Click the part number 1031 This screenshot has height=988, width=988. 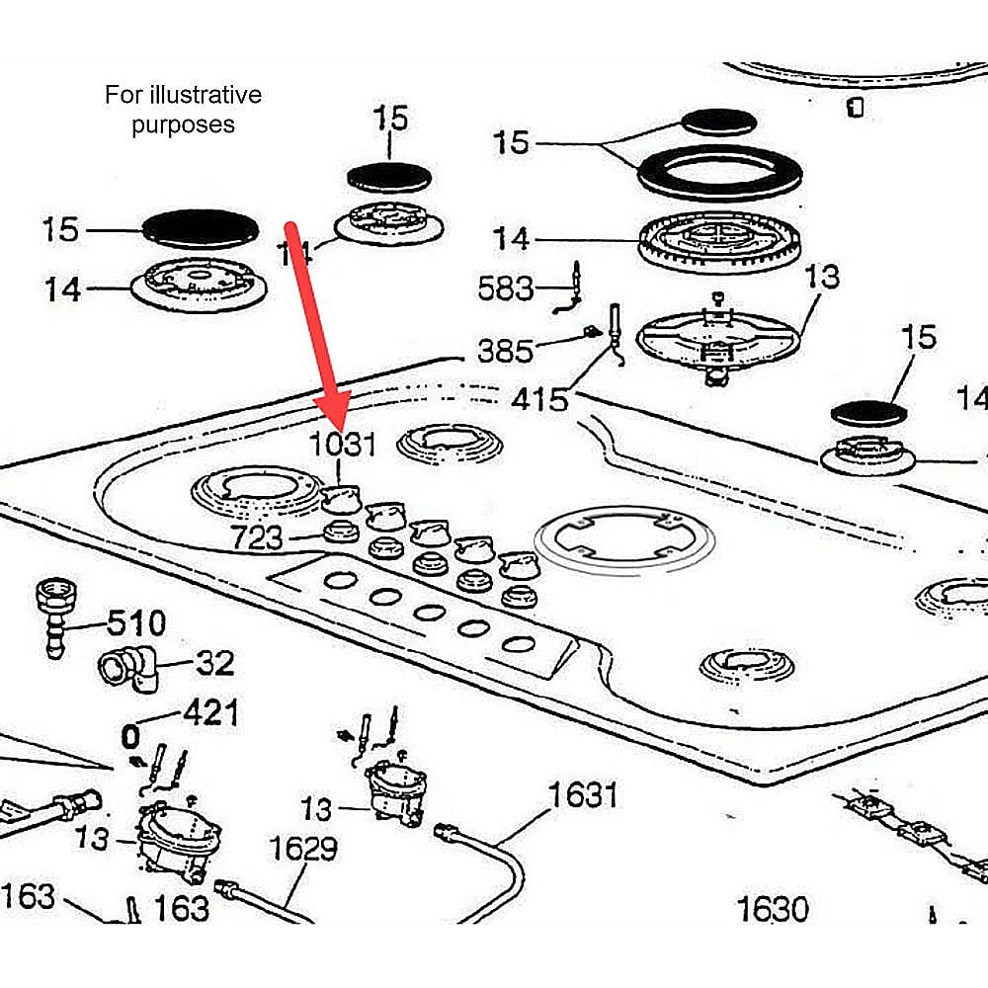pyautogui.click(x=343, y=444)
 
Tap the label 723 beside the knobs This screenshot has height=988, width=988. pyautogui.click(x=257, y=538)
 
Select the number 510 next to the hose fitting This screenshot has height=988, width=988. pyautogui.click(x=136, y=623)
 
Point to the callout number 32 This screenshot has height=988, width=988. pyautogui.click(x=214, y=662)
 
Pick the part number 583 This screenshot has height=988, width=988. pyautogui.click(x=505, y=288)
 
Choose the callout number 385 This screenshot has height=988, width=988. pyautogui.click(x=505, y=350)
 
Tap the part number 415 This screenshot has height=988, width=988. pyautogui.click(x=539, y=399)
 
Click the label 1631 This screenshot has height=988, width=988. pyautogui.click(x=583, y=793)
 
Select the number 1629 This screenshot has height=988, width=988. pyautogui.click(x=303, y=849)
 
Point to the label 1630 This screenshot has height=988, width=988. pyautogui.click(x=773, y=909)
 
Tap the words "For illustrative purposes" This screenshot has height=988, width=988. pyautogui.click(x=184, y=110)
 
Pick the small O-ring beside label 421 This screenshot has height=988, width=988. pyautogui.click(x=129, y=737)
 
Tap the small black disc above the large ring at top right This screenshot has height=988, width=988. pyautogui.click(x=719, y=123)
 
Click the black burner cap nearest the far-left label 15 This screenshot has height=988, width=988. pyautogui.click(x=201, y=227)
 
